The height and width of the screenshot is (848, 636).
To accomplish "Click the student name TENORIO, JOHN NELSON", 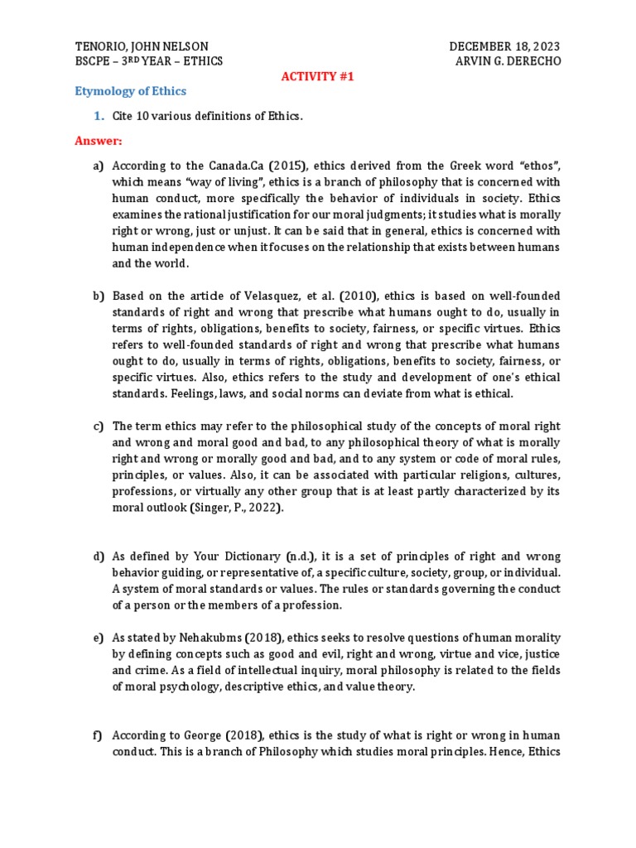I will coord(142,46).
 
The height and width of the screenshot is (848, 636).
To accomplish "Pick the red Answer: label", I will coord(99,141).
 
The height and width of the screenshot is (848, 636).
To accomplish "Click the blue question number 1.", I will coord(96,116).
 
